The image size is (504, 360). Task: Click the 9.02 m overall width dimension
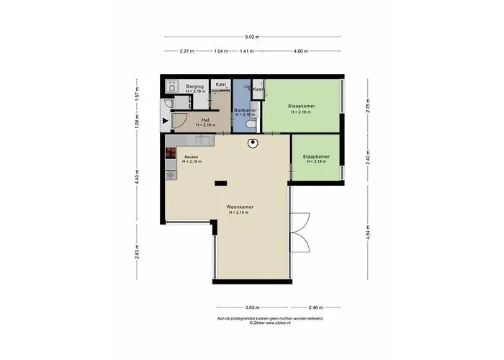pyautogui.click(x=251, y=36)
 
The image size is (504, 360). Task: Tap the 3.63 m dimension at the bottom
pyautogui.click(x=251, y=307)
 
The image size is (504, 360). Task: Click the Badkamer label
pyautogui.click(x=246, y=110)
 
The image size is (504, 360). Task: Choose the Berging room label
pyautogui.click(x=195, y=86)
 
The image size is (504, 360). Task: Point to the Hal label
pyautogui.click(x=205, y=120)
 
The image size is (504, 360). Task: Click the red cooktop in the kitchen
pyautogui.click(x=171, y=153)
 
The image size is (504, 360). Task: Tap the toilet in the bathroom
pyautogui.click(x=251, y=124)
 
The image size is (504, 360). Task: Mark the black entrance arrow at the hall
pyautogui.click(x=166, y=120)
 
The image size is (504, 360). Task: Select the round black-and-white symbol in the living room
pyautogui.click(x=253, y=143)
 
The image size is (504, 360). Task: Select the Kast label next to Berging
pyautogui.click(x=221, y=84)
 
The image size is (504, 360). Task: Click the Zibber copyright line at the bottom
pyautogui.click(x=270, y=323)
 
